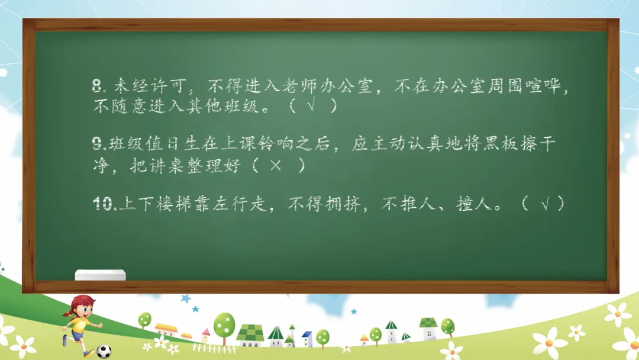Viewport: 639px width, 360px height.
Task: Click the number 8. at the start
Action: pyautogui.click(x=99, y=86)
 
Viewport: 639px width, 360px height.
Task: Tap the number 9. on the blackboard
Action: pyautogui.click(x=99, y=143)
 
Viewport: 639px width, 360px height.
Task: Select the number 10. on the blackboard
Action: pyautogui.click(x=105, y=204)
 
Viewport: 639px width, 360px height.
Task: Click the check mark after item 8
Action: pyautogui.click(x=311, y=105)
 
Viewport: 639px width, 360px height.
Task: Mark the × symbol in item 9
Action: pyautogui.click(x=276, y=165)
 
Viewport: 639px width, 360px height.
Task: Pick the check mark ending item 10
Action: pyautogui.click(x=545, y=204)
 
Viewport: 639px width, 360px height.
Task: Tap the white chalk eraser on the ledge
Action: pyautogui.click(x=100, y=275)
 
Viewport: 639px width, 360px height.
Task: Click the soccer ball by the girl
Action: pyautogui.click(x=104, y=351)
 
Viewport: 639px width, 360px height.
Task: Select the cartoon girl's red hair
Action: pyautogui.click(x=80, y=303)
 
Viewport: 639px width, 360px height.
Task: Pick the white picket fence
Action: pyautogui.click(x=214, y=348)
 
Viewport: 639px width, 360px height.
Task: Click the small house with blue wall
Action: pyautogui.click(x=307, y=339)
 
